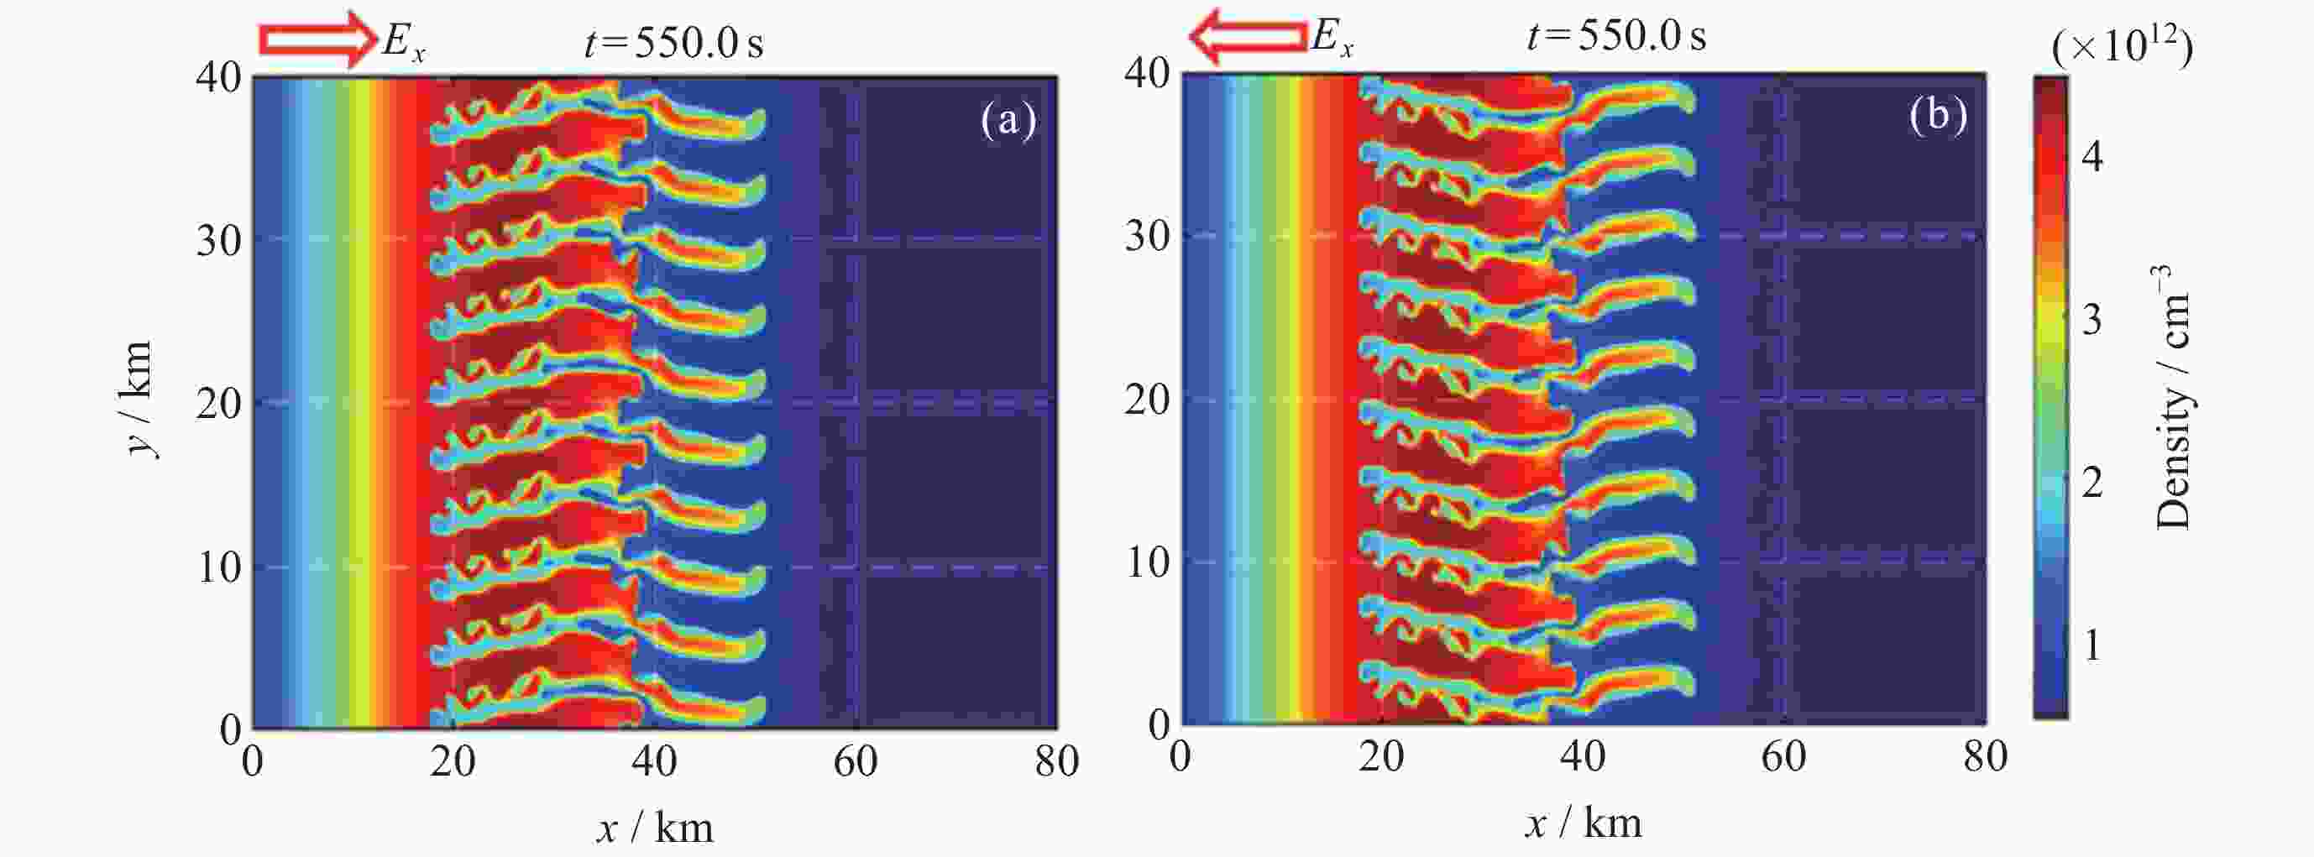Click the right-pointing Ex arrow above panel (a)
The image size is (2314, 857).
pyautogui.click(x=317, y=39)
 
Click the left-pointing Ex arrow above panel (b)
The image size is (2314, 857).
pyautogui.click(x=1248, y=36)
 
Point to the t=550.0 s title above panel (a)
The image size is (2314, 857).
pyautogui.click(x=673, y=40)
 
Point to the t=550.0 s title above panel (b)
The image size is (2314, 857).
pyautogui.click(x=1616, y=36)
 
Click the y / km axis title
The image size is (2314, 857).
pyautogui.click(x=139, y=399)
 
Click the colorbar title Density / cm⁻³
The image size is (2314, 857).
pyautogui.click(x=2175, y=397)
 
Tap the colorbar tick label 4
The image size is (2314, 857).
pyautogui.click(x=2092, y=157)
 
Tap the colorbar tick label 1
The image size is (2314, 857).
pyautogui.click(x=2092, y=645)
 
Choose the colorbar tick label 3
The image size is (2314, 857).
pyautogui.click(x=2092, y=320)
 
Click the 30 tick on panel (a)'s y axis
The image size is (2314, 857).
pyautogui.click(x=218, y=240)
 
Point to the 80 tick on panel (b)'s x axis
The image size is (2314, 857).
pyautogui.click(x=1985, y=756)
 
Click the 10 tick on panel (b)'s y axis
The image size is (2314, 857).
pyautogui.click(x=1146, y=562)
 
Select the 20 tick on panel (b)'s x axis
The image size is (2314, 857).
pyautogui.click(x=1380, y=756)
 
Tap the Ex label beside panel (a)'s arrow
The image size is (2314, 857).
pyautogui.click(x=402, y=41)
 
